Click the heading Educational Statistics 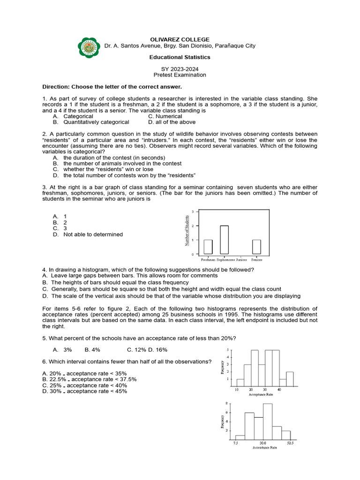[180, 57]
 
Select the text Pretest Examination [180, 75]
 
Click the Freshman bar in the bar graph [208, 247]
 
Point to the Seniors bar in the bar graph [256, 247]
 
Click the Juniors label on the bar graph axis [241, 259]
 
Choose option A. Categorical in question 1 [78, 116]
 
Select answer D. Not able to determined [92, 234]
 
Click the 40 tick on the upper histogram [279, 390]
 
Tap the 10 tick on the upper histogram [237, 390]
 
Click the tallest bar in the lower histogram [268, 420]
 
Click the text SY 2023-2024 [180, 69]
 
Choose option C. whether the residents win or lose [108, 169]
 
